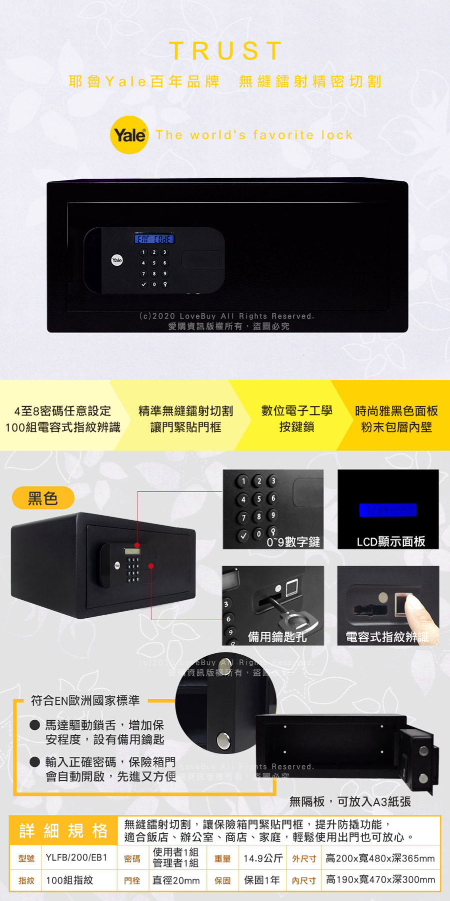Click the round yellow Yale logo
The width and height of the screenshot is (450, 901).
tap(129, 135)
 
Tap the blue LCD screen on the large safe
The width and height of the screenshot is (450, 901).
tap(154, 239)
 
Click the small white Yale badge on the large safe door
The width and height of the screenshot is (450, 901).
tap(117, 260)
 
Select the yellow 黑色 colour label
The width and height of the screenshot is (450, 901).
tap(43, 498)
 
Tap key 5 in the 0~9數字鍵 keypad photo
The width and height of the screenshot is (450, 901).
tap(258, 499)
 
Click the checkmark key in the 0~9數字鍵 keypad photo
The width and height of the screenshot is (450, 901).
tap(243, 535)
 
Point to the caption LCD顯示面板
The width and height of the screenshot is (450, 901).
tap(390, 542)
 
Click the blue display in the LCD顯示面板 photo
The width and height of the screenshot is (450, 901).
tap(387, 510)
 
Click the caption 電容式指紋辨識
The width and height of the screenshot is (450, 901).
tap(387, 637)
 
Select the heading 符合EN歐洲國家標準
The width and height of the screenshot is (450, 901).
tap(85, 700)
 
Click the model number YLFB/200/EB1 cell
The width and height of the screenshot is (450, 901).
tap(76, 857)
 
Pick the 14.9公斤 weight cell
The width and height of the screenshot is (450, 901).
tap(263, 858)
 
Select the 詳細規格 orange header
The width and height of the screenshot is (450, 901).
tap(63, 831)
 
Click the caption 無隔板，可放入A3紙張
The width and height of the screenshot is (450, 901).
tap(350, 801)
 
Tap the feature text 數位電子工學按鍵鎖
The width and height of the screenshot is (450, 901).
tap(296, 418)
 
